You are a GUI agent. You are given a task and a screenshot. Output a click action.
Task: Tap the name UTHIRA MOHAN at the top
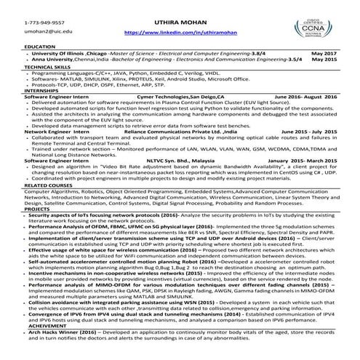(x=179, y=22)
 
